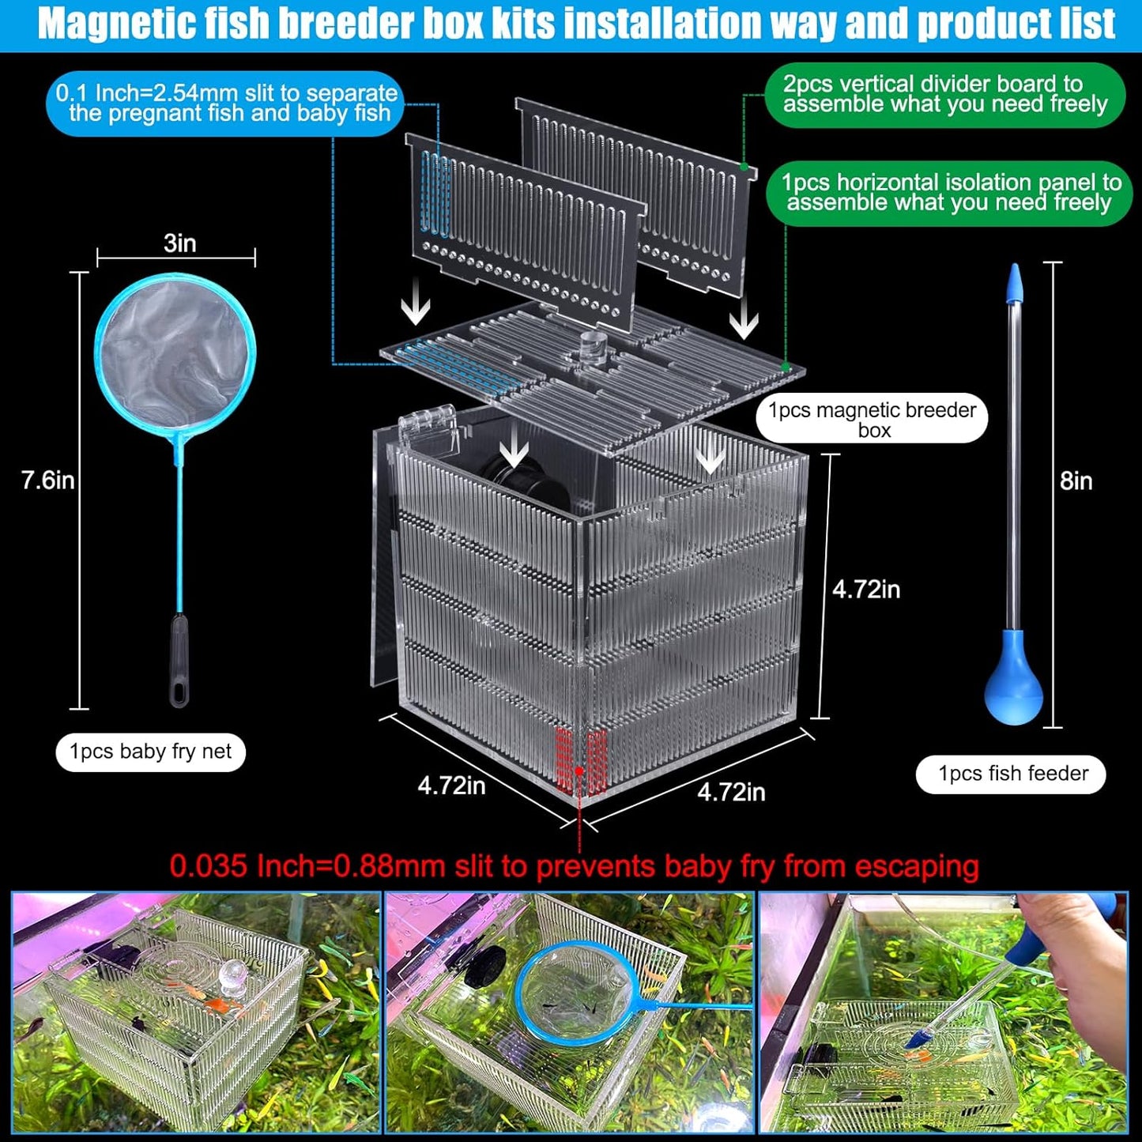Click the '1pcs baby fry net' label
(x=150, y=752)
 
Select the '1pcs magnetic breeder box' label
(x=872, y=419)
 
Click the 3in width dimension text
(x=179, y=243)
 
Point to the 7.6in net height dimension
(x=47, y=480)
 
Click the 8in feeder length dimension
(x=1076, y=481)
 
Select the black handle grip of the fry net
(x=179, y=660)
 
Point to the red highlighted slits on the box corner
(x=581, y=760)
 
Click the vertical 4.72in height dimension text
(x=865, y=590)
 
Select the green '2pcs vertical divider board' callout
(x=944, y=95)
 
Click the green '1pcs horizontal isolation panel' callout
(x=950, y=193)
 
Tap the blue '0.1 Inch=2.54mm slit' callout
(x=226, y=103)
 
